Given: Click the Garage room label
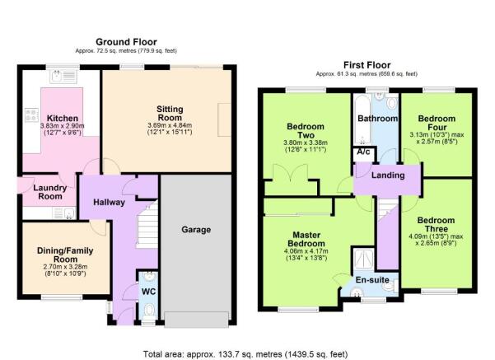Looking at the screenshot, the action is tap(196, 230).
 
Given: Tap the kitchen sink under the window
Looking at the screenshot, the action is tap(63, 76).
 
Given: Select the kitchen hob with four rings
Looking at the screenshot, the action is tap(31, 115).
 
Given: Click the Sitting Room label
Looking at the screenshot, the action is tap(170, 114).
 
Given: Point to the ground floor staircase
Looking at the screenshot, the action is tap(147, 225).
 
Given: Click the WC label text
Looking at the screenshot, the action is tap(148, 292).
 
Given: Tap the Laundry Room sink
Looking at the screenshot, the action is tap(64, 213).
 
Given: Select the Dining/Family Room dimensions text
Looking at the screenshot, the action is tap(65, 270).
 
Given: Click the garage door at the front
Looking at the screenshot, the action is tap(196, 320).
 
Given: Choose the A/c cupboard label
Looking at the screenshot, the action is tap(363, 152).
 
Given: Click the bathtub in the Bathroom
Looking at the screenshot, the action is tap(362, 119).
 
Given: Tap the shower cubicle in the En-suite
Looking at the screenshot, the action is tap(363, 259).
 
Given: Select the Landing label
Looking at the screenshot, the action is tap(388, 175).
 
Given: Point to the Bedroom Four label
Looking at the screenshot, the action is tap(437, 123).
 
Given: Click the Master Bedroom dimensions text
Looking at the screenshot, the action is tap(306, 255).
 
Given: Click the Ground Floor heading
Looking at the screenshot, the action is tap(126, 42).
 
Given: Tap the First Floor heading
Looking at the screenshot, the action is tap(367, 65).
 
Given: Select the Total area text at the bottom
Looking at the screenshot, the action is tap(245, 354).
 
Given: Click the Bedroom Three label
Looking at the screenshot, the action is tap(436, 225).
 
